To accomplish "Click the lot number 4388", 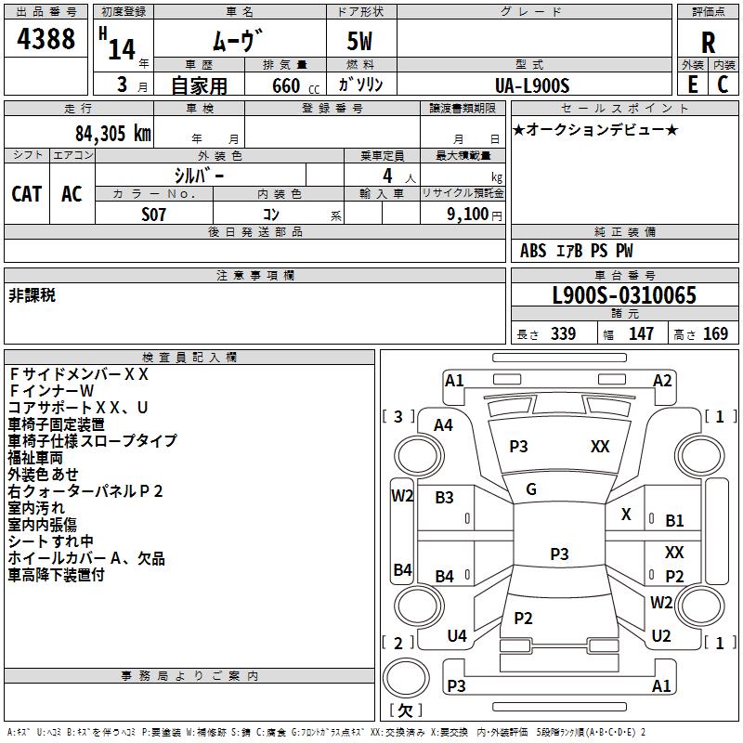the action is click(x=46, y=39).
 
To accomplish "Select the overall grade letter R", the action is click(x=708, y=43).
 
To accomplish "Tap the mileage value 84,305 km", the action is click(x=113, y=134).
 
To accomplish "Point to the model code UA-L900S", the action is click(x=532, y=85).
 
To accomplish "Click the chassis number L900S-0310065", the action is click(x=624, y=295).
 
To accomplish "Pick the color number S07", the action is click(x=153, y=215).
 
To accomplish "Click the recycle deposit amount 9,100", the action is click(x=467, y=215).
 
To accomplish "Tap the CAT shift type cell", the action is click(x=27, y=194).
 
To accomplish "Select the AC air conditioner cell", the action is click(x=72, y=194).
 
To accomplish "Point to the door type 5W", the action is click(x=359, y=41).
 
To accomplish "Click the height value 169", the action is click(x=715, y=333).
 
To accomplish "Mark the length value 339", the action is click(x=564, y=333).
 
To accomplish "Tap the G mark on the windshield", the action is click(x=531, y=489).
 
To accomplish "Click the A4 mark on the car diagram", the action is click(x=444, y=425).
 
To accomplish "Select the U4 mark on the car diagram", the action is click(x=457, y=635).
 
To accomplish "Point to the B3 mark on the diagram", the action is click(x=444, y=498).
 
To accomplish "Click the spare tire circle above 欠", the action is click(x=406, y=678).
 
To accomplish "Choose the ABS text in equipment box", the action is click(x=533, y=251).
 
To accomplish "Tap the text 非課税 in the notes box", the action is click(x=33, y=295).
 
